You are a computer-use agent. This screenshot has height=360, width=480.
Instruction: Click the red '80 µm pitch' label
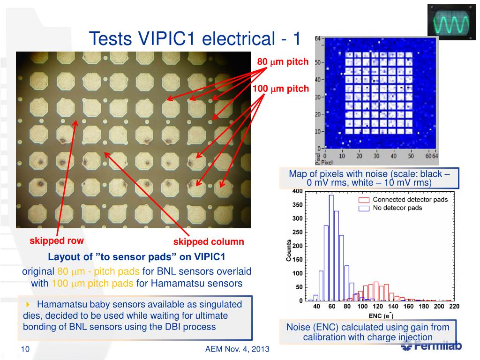pos(283,62)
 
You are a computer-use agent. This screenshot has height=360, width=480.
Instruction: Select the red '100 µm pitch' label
pos(281,89)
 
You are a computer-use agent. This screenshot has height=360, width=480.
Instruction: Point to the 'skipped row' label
pos(57,240)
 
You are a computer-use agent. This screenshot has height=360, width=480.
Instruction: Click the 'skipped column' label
pos(209,242)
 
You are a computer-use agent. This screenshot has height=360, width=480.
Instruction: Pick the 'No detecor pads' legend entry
pos(397,208)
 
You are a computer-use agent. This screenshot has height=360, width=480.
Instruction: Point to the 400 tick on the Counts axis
pos(297,191)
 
